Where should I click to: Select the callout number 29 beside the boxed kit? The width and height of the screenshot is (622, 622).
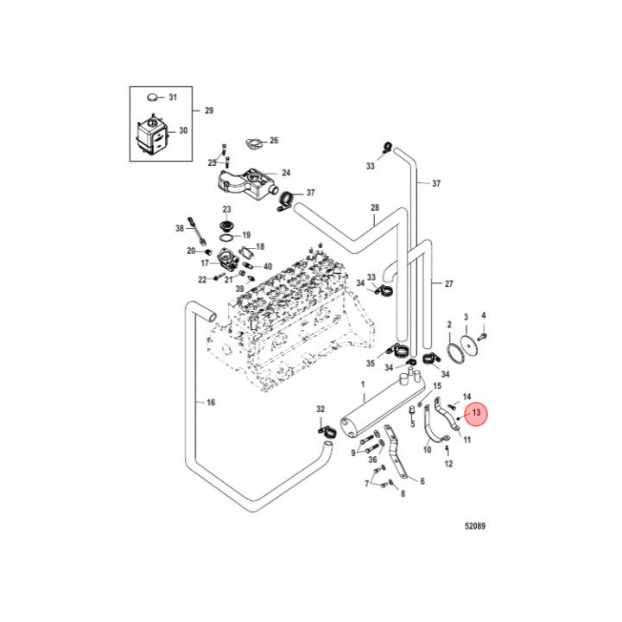pos(207,111)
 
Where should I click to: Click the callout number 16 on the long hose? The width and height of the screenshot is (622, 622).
pos(211,402)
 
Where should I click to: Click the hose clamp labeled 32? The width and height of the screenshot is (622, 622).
pos(325,428)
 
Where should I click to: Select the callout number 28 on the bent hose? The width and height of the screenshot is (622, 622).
pos(375,208)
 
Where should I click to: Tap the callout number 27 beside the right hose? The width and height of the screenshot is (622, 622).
pos(448,284)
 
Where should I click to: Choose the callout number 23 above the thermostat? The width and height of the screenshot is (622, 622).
pos(227,210)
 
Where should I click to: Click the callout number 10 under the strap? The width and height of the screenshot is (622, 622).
pos(427,449)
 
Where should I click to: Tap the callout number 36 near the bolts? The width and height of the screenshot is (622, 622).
pos(371,460)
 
